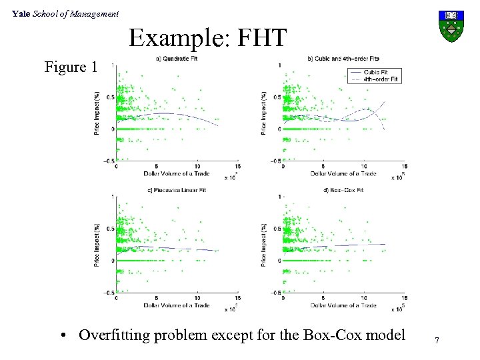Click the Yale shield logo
click(451, 25)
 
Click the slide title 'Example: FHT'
click(207, 38)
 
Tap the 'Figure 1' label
click(71, 67)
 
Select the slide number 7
click(437, 341)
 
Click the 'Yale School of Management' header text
click(65, 13)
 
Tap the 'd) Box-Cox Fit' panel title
click(343, 191)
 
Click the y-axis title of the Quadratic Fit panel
click(97, 113)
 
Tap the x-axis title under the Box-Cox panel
click(343, 305)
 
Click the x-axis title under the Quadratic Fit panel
click(176, 173)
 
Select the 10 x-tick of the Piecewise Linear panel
click(197, 299)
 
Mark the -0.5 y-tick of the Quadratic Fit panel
click(109, 161)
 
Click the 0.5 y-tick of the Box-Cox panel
click(277, 229)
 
